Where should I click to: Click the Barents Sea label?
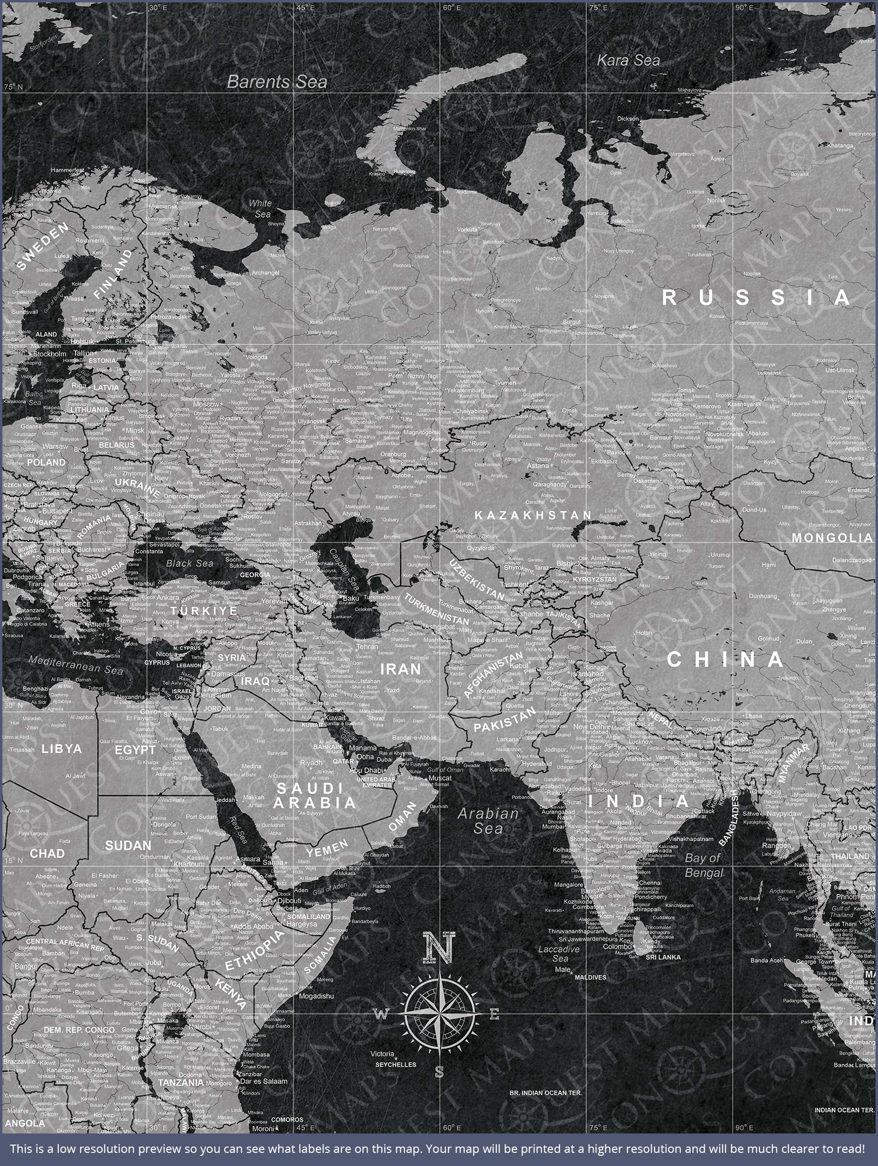pos(277,82)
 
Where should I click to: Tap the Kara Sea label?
pos(628,61)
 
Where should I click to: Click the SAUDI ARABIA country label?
pos(315,795)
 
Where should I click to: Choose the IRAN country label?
pos(401,669)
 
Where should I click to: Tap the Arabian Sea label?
pos(488,821)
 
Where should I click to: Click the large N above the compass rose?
pos(439,947)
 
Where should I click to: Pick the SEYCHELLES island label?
pos(395,1065)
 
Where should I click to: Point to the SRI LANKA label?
pos(663,957)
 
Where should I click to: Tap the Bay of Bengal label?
pos(703,865)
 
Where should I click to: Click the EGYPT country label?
pos(135,750)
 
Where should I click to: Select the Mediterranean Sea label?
pos(75,665)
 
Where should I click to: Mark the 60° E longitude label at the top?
pos(451,8)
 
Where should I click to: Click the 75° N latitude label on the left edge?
pos(13,87)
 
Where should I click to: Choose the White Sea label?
pos(261,208)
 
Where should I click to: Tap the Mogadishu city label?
pos(316,996)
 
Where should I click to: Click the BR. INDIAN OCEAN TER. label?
pos(545,1093)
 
